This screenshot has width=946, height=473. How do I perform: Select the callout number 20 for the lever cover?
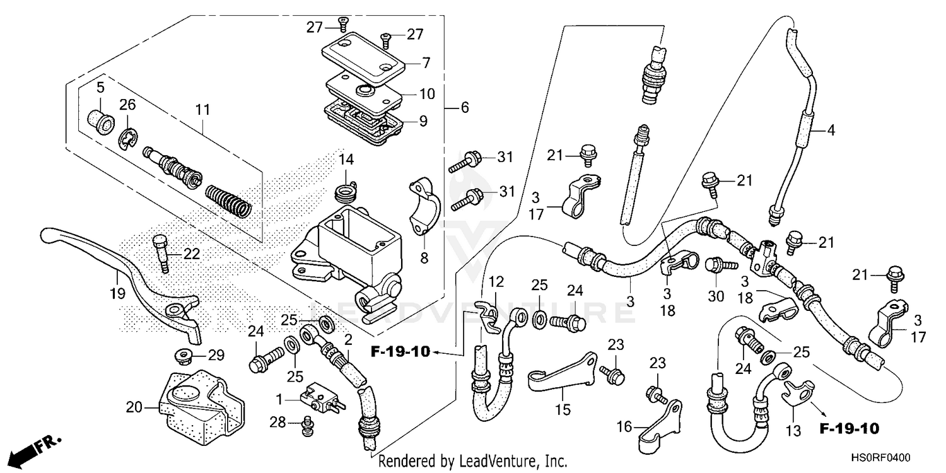click(x=134, y=408)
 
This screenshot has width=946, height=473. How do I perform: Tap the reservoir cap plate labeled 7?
click(x=359, y=54)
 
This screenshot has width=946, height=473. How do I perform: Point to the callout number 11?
click(x=202, y=110)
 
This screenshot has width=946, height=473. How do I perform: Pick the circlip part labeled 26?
click(x=128, y=139)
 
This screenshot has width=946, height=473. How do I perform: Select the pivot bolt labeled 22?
click(x=161, y=252)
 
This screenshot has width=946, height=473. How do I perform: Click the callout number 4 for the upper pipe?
click(x=831, y=131)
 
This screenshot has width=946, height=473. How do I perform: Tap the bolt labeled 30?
click(x=716, y=266)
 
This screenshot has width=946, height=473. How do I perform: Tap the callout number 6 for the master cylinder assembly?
click(x=465, y=108)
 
